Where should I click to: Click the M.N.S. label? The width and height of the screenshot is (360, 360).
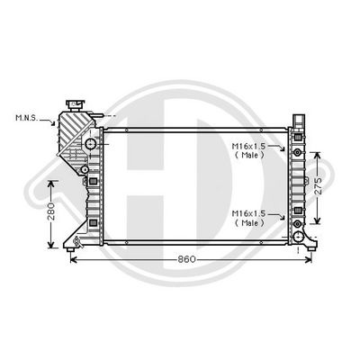(x=26, y=118)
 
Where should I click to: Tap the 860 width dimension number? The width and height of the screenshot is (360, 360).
(x=186, y=259)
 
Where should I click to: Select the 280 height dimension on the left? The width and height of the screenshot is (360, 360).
(x=51, y=212)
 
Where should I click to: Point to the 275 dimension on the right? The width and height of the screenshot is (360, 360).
(x=319, y=185)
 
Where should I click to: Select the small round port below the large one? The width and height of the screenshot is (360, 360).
(x=84, y=169)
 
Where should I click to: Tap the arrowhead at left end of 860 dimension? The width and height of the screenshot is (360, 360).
(x=72, y=259)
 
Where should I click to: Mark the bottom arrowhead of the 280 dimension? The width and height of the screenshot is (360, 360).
(x=51, y=244)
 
